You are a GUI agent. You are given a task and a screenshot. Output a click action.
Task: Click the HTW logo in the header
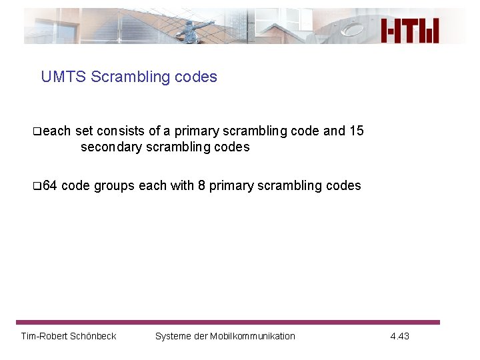(410, 31)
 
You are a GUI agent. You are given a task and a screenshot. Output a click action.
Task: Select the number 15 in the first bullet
(356, 131)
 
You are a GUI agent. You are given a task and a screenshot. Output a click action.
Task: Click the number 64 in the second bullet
(49, 185)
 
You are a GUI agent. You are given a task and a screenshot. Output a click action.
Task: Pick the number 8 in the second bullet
(201, 185)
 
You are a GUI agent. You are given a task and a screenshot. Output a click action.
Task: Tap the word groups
(114, 185)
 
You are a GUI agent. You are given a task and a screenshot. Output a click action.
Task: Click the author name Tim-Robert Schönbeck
(69, 336)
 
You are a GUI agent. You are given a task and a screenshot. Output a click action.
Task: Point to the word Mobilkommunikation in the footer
(253, 336)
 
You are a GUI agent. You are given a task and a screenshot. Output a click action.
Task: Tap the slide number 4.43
(399, 336)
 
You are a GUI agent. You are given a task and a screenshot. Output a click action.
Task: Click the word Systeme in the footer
(172, 336)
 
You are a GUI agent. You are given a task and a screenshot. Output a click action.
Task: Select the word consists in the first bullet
(119, 131)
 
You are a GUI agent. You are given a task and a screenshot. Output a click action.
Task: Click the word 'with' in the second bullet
(182, 185)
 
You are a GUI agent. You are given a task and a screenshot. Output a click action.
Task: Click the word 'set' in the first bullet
(85, 131)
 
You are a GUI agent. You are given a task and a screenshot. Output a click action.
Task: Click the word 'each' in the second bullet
(153, 185)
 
